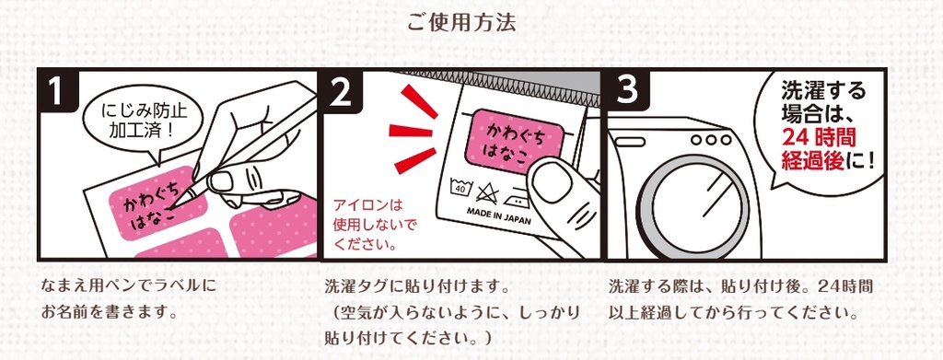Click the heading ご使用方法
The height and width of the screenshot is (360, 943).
tap(461, 24)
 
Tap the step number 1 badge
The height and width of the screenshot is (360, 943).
tap(56, 91)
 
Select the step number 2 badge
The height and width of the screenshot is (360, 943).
tap(341, 91)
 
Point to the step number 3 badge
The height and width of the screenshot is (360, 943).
tap(626, 91)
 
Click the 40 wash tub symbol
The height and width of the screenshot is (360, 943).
tap(462, 188)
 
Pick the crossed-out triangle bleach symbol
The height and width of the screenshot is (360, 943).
tap(486, 193)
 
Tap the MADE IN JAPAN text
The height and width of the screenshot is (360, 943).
tap(499, 216)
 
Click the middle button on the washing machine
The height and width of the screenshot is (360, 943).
tap(711, 140)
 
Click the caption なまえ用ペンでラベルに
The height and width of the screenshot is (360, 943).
tap(129, 285)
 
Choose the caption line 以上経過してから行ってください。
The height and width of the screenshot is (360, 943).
tap(732, 312)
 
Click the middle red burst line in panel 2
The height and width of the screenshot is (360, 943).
tap(411, 130)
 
